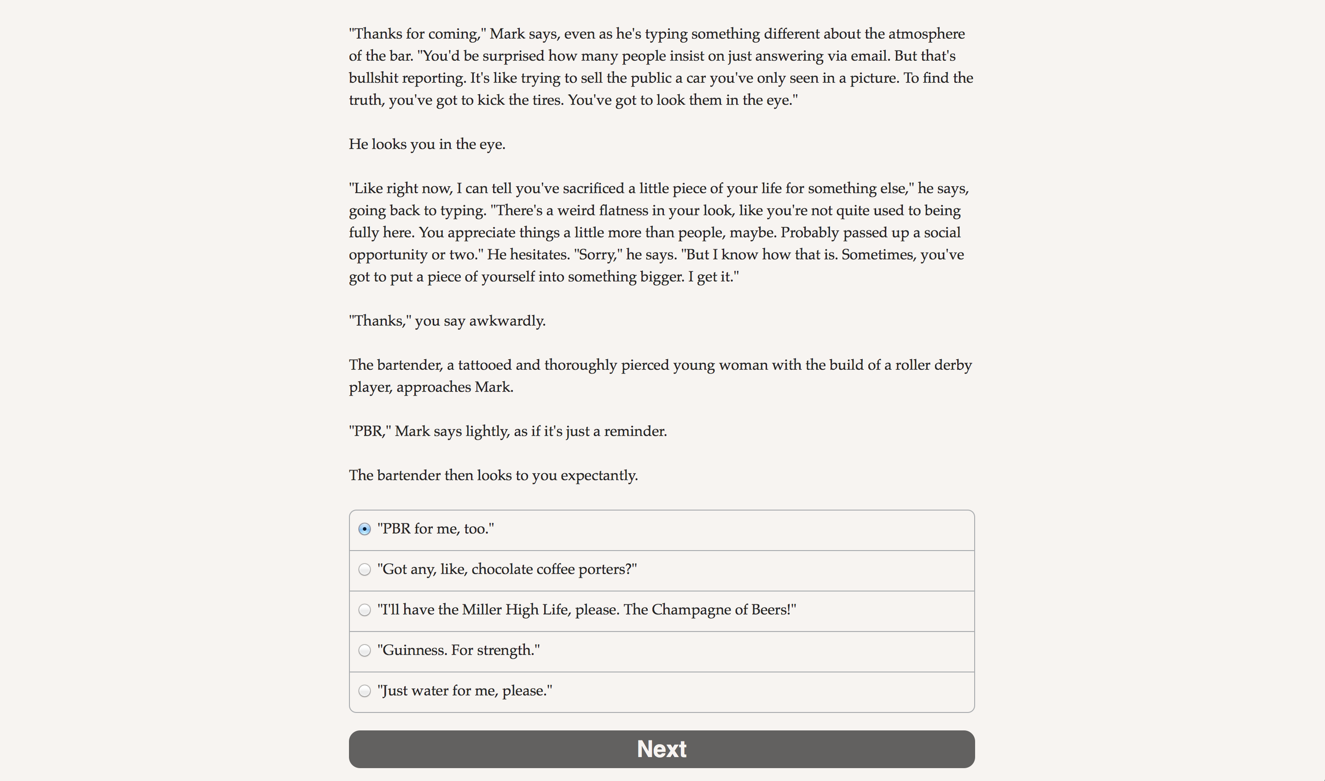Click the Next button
(662, 748)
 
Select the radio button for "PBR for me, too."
(365, 529)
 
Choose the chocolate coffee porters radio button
(365, 569)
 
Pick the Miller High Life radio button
(365, 610)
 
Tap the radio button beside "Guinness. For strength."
(365, 650)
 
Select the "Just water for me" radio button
(365, 691)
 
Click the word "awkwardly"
(506, 321)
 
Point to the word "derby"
(952, 365)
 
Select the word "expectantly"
(599, 476)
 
